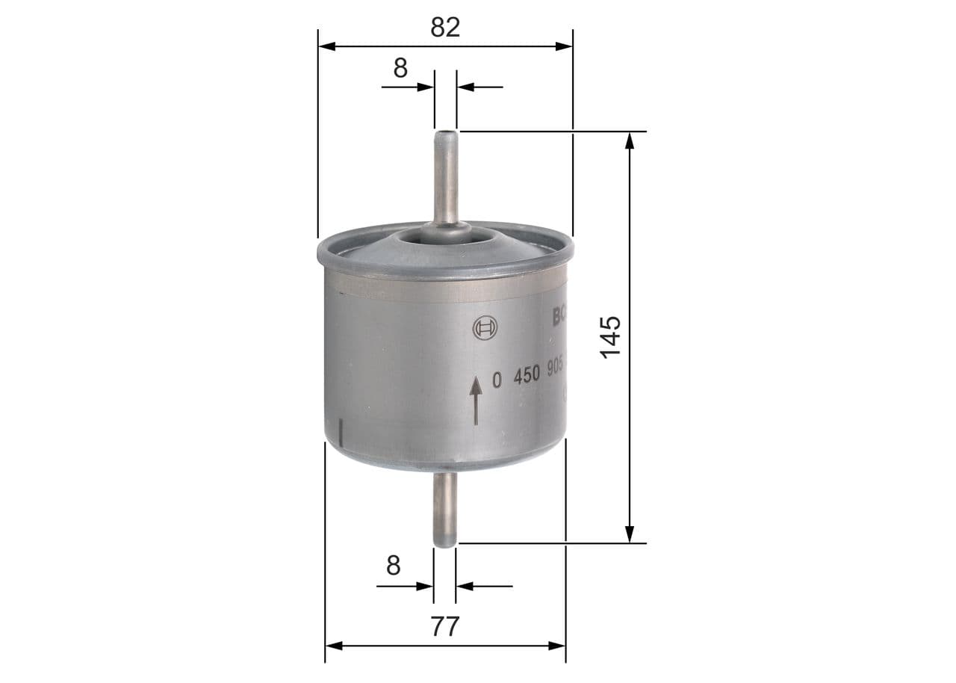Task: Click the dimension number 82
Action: coord(445,27)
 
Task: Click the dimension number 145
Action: coord(610,336)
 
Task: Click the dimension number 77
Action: coord(445,626)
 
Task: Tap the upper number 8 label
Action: coord(401,68)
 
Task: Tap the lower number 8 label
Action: coord(394,566)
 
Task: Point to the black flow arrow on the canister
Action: coord(475,401)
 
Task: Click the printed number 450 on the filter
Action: coord(526,377)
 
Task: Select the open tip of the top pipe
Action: coord(446,135)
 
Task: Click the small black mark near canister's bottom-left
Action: coord(341,431)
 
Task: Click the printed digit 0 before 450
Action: coord(497,380)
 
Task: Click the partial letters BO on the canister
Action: coord(559,317)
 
